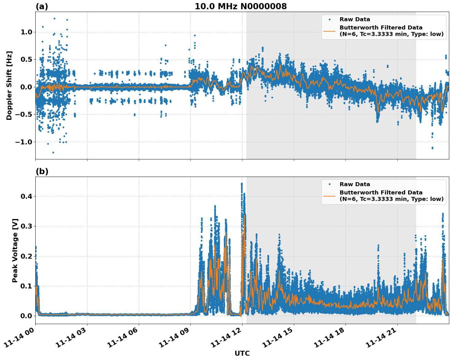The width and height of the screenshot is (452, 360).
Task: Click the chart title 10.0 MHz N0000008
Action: [x=241, y=6]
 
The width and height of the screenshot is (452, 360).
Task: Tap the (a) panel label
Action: [x=42, y=6]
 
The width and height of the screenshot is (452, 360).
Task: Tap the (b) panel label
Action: [x=42, y=171]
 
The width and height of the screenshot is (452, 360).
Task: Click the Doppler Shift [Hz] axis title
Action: [x=9, y=85]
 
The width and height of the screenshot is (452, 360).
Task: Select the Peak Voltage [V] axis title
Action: [x=15, y=250]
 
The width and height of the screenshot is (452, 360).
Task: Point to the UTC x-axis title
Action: [x=242, y=353]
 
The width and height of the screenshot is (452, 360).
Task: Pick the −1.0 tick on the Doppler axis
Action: [x=24, y=142]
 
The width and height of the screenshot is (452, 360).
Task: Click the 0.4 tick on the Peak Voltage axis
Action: [x=27, y=196]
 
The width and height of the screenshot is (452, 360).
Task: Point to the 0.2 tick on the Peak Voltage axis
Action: [x=27, y=256]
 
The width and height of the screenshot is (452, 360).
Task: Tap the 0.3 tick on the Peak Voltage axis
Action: [x=27, y=226]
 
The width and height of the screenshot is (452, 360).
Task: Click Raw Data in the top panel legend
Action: [x=355, y=19]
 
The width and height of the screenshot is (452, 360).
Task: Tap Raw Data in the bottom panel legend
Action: [x=355, y=184]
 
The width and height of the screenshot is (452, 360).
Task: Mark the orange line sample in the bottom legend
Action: [x=329, y=196]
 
